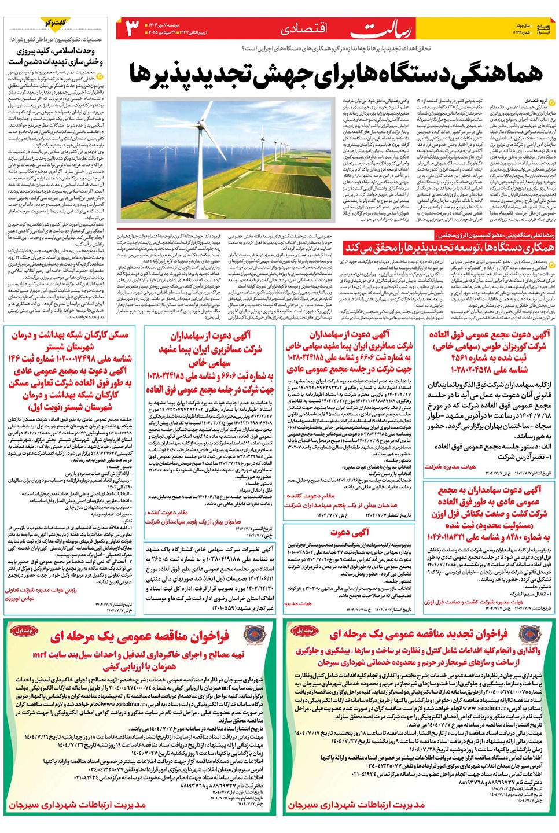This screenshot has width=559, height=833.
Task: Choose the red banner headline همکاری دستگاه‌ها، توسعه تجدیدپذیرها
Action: click(450, 248)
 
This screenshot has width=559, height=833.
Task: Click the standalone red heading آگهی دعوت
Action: click(350, 532)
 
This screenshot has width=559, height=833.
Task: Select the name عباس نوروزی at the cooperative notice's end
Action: click(21, 598)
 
